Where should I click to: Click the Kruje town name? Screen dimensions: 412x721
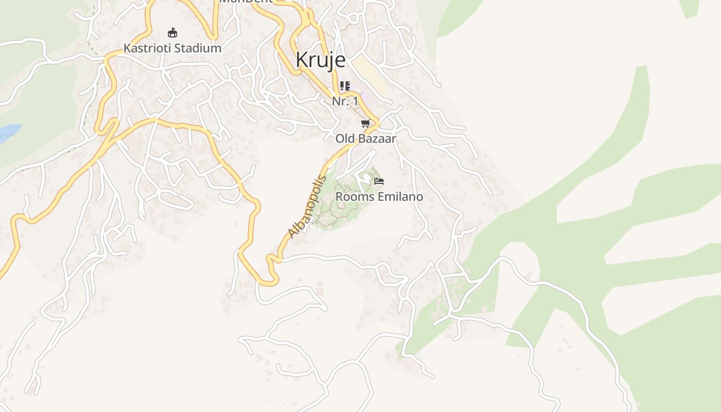point(320,60)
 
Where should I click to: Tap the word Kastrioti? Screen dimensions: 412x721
point(146,48)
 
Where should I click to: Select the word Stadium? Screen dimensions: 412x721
point(198,48)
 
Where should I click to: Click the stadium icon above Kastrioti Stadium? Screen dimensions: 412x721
point(173,33)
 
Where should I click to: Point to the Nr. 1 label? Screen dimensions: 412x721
point(345,101)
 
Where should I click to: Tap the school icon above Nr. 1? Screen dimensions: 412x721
point(345,85)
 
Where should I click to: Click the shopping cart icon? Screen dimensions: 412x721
point(365,124)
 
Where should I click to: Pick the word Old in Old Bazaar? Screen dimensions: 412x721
point(346,139)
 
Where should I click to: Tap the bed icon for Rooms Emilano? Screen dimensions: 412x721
point(379,181)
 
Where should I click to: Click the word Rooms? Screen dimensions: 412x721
point(352,197)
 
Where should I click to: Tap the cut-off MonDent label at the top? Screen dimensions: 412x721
point(246,2)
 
